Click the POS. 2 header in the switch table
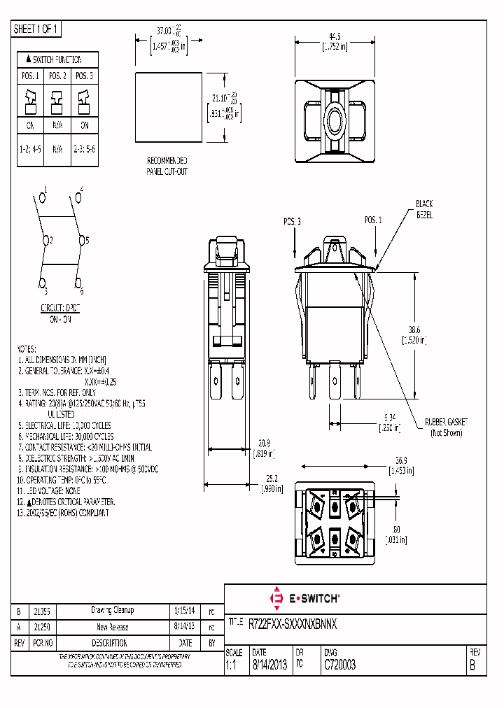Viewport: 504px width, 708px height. tap(58, 76)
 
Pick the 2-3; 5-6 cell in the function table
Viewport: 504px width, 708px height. tap(84, 150)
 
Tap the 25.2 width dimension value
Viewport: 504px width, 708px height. tap(272, 478)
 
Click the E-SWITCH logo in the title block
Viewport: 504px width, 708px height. tap(304, 599)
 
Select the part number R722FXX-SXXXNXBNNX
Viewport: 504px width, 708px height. tap(293, 623)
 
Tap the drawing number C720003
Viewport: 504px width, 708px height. tap(339, 665)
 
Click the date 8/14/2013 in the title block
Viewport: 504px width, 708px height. tap(269, 665)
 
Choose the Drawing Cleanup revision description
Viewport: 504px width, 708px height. tap(112, 611)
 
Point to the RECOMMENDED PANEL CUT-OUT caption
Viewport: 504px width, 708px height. tap(167, 165)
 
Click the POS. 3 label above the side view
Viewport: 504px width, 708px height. tap(293, 221)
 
